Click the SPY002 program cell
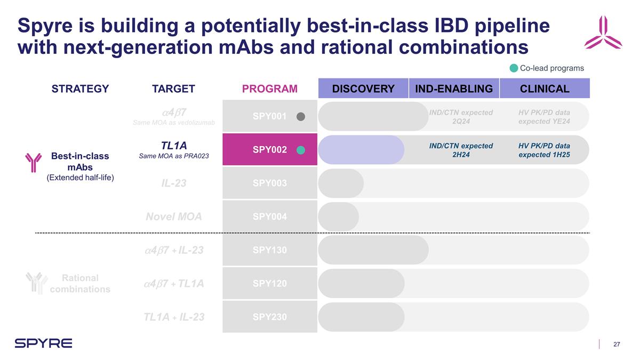click(x=269, y=150)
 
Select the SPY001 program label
click(x=273, y=116)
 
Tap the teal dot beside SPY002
click(x=301, y=150)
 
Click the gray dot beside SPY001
click(x=301, y=117)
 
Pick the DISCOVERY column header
click(x=363, y=89)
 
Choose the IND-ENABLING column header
click(x=454, y=89)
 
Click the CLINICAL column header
click(x=544, y=89)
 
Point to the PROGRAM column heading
click(x=269, y=89)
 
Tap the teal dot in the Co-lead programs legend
click(x=513, y=68)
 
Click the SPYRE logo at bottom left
click(x=43, y=343)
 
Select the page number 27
click(x=617, y=344)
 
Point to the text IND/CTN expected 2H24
click(x=461, y=150)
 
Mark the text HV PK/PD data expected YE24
click(x=544, y=117)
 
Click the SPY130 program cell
click(x=269, y=250)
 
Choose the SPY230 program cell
click(x=269, y=317)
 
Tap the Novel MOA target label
click(x=173, y=217)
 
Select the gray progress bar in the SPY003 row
click(x=341, y=183)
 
